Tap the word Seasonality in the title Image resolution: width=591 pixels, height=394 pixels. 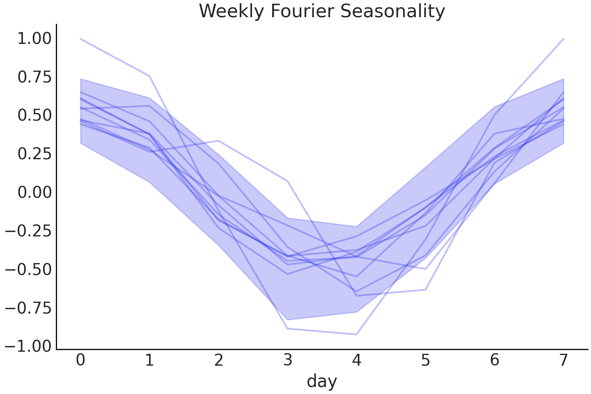(x=393, y=11)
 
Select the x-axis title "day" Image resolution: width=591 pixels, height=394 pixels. (x=322, y=381)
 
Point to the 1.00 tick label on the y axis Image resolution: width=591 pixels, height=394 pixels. (x=34, y=39)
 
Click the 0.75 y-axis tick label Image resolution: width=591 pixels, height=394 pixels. (x=34, y=77)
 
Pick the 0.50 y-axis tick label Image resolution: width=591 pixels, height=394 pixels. (x=34, y=116)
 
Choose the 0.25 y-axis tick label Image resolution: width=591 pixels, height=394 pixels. (x=34, y=154)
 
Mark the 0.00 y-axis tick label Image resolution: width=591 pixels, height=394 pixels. (x=34, y=192)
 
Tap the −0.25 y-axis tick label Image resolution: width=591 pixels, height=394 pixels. (x=29, y=231)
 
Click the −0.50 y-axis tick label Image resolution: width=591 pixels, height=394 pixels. (x=29, y=270)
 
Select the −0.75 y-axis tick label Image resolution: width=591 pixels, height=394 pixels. (x=29, y=308)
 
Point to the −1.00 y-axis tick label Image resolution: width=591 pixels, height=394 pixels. (x=29, y=346)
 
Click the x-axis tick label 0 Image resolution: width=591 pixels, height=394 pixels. (x=80, y=360)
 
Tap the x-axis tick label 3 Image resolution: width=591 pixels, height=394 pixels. (x=287, y=360)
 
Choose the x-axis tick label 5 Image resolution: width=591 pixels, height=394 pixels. (x=426, y=360)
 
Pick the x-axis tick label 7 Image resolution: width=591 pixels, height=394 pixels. (x=564, y=360)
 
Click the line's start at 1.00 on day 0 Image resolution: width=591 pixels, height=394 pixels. (x=80, y=39)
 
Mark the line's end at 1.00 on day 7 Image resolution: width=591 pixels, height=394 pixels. (x=564, y=39)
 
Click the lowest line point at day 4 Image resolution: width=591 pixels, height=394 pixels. (x=357, y=334)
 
